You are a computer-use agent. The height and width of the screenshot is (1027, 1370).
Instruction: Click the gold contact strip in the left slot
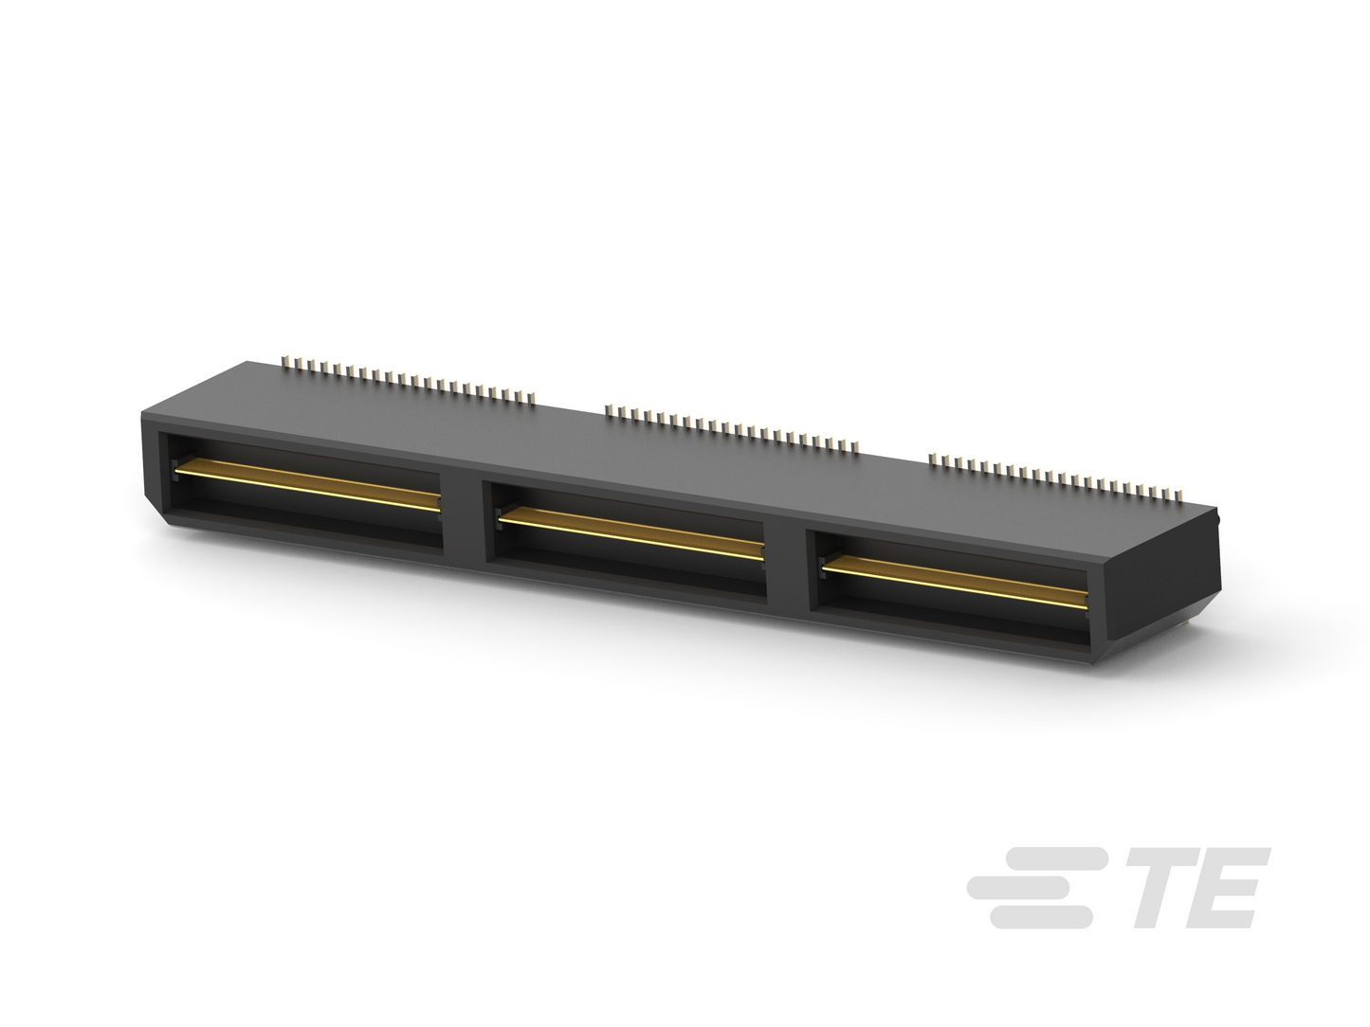pos(306,485)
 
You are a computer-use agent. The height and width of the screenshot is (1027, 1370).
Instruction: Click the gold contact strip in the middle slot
pos(630,533)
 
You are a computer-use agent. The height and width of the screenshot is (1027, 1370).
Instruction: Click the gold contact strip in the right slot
pos(955,583)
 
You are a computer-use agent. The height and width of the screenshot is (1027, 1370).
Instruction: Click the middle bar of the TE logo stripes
pos(1024,888)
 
